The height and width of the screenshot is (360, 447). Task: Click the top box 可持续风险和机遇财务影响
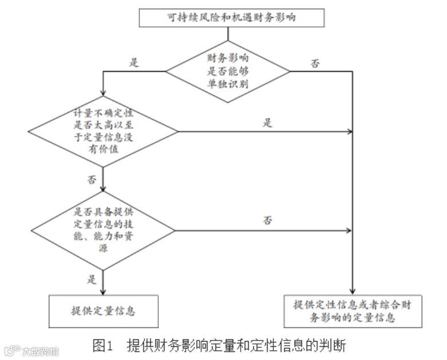point(228,18)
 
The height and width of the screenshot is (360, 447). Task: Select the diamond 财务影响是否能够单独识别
point(228,71)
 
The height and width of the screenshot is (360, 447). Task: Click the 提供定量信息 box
point(103,311)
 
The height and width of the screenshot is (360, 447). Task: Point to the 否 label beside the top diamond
point(315,64)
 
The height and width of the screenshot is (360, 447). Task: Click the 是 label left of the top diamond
point(135,62)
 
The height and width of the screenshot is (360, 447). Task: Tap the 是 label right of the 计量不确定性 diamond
point(268,123)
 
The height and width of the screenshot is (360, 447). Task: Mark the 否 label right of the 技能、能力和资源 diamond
point(268,220)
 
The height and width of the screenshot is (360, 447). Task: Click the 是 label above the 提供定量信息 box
point(91,280)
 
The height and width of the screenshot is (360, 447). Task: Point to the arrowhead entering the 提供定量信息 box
point(103,291)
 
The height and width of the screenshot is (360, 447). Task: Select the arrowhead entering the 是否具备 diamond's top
point(103,191)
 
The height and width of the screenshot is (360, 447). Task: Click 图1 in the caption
point(101,346)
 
